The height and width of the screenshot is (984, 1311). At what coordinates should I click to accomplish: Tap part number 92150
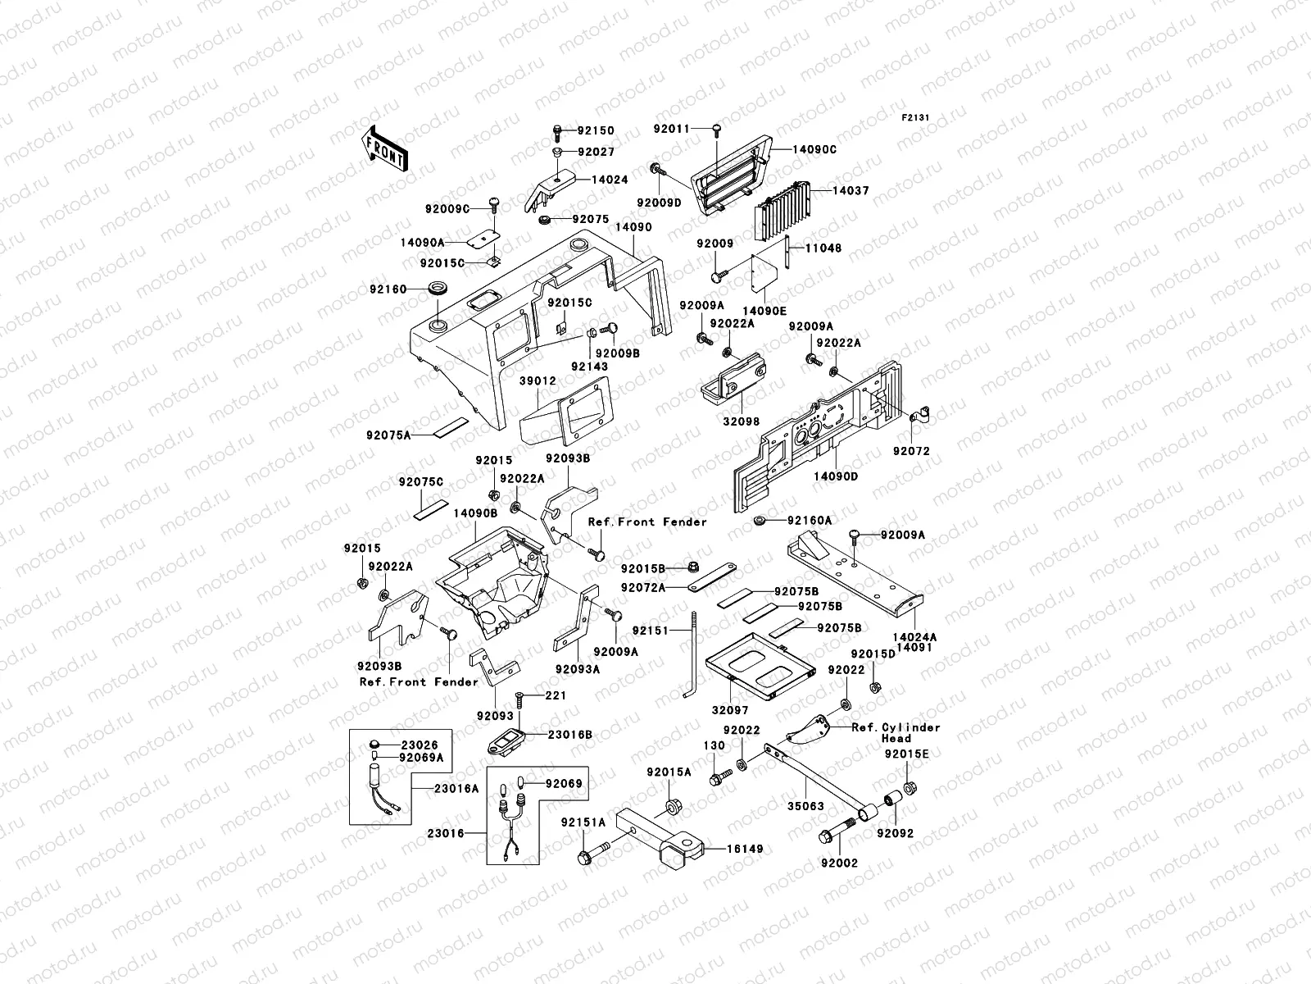(x=596, y=131)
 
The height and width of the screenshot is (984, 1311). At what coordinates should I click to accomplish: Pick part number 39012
(x=538, y=381)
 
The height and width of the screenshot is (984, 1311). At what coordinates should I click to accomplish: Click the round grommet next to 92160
(x=440, y=289)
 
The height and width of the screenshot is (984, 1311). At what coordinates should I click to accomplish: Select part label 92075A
(x=388, y=436)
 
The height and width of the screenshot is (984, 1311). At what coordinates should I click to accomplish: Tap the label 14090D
(x=836, y=476)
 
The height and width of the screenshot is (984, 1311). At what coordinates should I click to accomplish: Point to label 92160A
(x=810, y=521)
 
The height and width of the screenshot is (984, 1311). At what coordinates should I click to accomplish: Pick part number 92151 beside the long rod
(x=651, y=631)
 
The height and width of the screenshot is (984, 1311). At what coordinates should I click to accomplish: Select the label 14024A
(x=914, y=636)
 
